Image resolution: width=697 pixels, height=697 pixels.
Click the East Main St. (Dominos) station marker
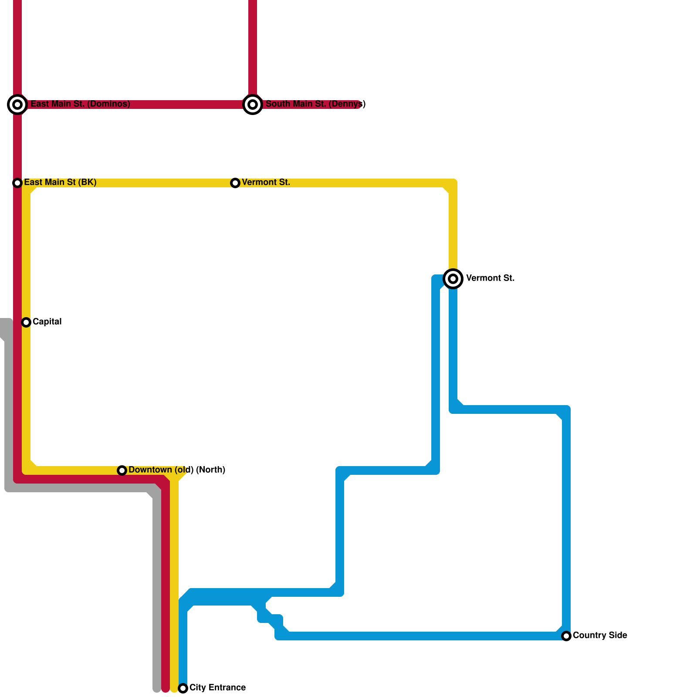(x=17, y=105)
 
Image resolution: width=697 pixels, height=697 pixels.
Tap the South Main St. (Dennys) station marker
(x=253, y=105)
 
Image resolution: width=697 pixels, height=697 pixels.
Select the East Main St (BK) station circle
(x=17, y=183)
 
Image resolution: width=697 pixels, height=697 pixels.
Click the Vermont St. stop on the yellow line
(x=235, y=183)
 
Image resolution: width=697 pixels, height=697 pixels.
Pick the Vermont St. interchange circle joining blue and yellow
(x=453, y=278)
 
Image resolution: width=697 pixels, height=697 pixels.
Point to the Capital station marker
(x=26, y=322)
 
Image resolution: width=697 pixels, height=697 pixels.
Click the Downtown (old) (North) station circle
(x=122, y=470)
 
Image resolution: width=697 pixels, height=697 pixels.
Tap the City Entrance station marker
(x=183, y=688)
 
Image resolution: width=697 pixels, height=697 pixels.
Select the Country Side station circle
(x=566, y=636)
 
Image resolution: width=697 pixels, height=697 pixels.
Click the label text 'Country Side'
(x=600, y=636)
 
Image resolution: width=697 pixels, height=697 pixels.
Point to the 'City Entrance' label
(x=217, y=688)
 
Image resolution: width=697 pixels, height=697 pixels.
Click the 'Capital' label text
(x=47, y=322)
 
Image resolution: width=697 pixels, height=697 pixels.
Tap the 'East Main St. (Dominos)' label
(x=80, y=104)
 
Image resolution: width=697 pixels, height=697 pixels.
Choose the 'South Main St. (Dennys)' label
(x=315, y=104)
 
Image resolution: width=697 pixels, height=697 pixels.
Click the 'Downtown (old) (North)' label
(x=177, y=470)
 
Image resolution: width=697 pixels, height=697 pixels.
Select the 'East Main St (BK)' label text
(x=60, y=183)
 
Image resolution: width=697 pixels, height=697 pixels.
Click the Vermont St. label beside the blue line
(x=490, y=278)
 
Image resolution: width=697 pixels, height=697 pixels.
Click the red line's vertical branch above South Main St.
(x=253, y=44)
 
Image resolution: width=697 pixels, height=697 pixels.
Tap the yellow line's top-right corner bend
(x=452, y=184)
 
